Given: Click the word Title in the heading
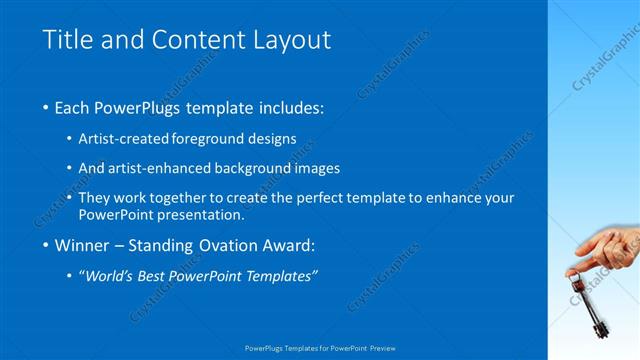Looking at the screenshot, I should [x=67, y=40].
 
